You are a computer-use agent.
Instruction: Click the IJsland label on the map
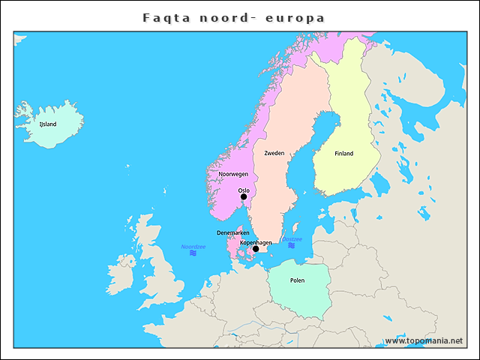(x=47, y=124)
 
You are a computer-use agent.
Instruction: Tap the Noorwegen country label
(x=233, y=174)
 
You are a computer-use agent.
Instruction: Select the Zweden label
(x=274, y=153)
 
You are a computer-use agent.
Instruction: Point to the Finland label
(x=343, y=154)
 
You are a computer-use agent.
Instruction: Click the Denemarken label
(x=233, y=233)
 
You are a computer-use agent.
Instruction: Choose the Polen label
(x=297, y=281)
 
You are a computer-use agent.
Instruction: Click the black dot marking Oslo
(x=244, y=197)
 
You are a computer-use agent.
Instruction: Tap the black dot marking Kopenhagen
(x=256, y=249)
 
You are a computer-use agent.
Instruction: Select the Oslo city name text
(x=244, y=190)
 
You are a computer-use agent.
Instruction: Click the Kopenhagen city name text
(x=255, y=242)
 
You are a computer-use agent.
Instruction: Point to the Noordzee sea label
(x=193, y=247)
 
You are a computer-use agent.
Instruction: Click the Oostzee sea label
(x=292, y=238)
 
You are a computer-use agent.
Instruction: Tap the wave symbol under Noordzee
(x=193, y=254)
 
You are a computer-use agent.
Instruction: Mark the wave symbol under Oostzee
(x=291, y=246)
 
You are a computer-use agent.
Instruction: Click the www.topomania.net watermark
(x=424, y=341)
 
